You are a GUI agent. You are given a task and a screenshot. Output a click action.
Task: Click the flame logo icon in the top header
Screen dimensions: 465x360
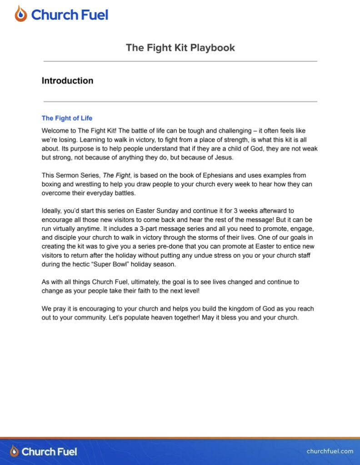[x=20, y=14]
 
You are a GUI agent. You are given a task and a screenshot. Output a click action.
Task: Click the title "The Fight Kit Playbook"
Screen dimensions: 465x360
[x=180, y=48]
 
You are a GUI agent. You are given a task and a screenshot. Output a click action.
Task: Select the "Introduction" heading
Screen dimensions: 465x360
[x=67, y=81]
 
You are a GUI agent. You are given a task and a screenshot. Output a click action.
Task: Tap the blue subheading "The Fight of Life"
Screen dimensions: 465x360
[x=67, y=118]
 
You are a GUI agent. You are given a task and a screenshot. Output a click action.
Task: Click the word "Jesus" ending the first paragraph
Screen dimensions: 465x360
[x=222, y=158]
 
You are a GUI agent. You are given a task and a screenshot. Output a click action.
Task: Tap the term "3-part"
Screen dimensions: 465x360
[x=165, y=228]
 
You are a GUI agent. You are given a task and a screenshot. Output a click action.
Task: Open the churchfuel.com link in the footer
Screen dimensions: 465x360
[x=330, y=451]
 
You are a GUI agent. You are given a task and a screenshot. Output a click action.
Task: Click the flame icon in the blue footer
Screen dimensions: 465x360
[x=15, y=451]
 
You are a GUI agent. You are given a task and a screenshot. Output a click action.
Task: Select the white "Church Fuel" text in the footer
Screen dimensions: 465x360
[x=49, y=451]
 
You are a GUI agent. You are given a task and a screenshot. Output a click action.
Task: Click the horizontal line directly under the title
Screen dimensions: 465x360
[x=180, y=61]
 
